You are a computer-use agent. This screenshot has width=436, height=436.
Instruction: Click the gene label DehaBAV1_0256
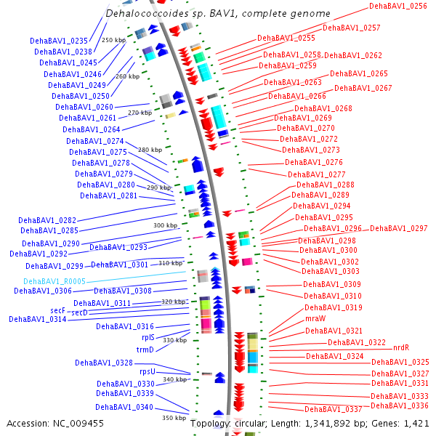coord(398,6)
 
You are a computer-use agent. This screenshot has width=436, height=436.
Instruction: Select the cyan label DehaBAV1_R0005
coord(54,281)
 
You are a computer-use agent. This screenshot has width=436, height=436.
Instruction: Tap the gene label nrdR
coord(401,348)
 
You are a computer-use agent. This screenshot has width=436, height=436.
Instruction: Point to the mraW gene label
coord(315,318)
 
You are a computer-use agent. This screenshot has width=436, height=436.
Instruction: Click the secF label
coord(58,310)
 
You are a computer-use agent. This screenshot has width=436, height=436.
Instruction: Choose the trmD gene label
coord(145,350)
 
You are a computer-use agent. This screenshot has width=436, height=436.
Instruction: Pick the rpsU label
coord(148,371)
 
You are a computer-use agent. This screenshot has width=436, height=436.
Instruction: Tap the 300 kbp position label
coord(165,225)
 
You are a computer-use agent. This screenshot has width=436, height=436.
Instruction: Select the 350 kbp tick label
coord(174,418)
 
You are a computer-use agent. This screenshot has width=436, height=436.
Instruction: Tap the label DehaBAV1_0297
coord(399,228)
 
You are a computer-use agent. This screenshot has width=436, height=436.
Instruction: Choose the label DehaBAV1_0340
coord(124,407)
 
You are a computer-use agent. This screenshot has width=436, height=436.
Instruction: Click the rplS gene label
coord(148,337)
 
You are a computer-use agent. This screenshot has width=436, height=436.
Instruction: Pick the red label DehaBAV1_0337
coord(333,409)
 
